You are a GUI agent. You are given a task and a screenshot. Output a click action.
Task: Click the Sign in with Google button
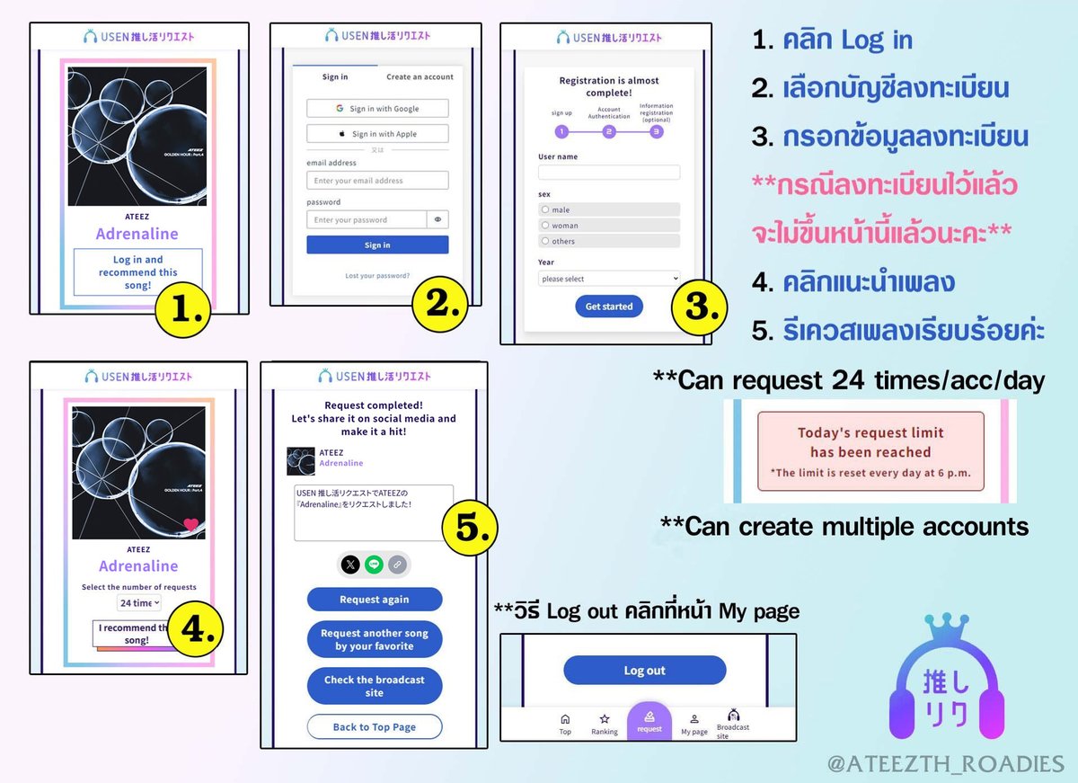point(377,109)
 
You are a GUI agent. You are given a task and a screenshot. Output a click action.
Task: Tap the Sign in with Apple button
point(377,134)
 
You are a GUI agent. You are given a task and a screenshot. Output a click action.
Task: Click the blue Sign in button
point(377,245)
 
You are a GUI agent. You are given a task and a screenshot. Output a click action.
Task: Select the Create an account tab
point(420,77)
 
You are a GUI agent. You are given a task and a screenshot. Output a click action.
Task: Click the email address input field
point(377,181)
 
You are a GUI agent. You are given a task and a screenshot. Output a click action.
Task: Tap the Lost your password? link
point(377,276)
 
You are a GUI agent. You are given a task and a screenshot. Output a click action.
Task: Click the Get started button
point(609,307)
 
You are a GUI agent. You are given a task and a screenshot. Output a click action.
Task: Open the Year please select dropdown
point(609,279)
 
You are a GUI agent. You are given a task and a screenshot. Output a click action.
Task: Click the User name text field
point(609,173)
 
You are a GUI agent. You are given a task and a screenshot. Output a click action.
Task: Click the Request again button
point(375,600)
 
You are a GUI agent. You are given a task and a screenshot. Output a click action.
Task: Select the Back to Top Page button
point(375,727)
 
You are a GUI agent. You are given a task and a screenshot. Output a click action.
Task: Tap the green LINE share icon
point(374,565)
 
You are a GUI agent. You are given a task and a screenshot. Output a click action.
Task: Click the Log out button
point(644,671)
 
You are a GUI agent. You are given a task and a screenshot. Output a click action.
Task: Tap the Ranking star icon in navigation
point(605,720)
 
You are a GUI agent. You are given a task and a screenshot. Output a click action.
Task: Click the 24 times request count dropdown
point(139,603)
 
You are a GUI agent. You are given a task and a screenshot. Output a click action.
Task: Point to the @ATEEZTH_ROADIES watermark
point(947,763)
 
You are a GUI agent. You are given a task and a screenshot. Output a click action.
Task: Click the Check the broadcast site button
point(375,686)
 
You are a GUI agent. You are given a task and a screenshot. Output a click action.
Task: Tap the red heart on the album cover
point(190,526)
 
